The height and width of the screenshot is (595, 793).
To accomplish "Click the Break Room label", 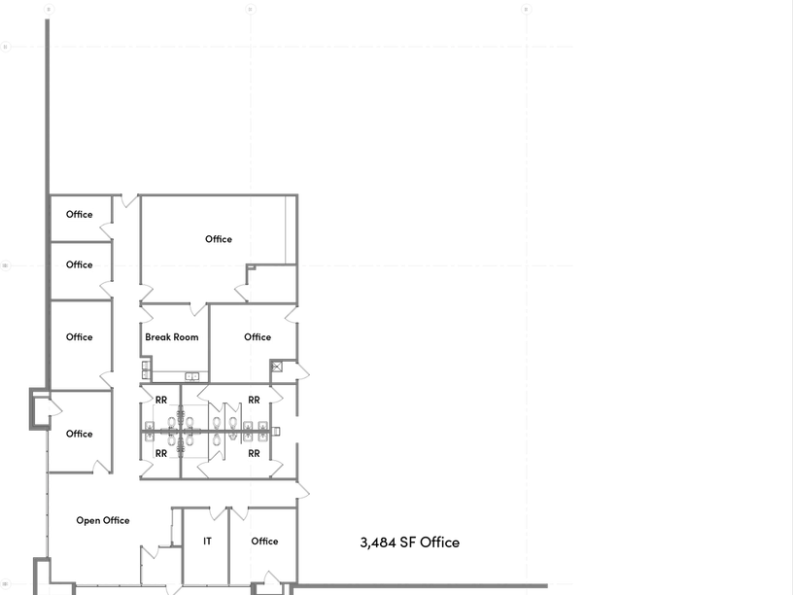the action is coord(172,338).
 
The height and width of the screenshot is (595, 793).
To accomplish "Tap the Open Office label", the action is coord(103,521).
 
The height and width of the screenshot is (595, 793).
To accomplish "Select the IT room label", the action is coord(207,542).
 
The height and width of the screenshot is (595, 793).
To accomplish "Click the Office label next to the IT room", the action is coord(264,542).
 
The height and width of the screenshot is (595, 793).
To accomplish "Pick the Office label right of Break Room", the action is coord(258,338).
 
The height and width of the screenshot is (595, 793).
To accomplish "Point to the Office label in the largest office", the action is coord(219,239).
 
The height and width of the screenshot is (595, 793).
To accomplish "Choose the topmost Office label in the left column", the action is coord(80,215).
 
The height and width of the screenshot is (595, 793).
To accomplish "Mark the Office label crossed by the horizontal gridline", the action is coord(80,264).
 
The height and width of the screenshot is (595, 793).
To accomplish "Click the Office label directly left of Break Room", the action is coord(80,338).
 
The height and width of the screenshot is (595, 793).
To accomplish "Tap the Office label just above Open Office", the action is coord(80,435).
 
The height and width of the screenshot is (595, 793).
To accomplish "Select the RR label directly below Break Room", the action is coord(161,401).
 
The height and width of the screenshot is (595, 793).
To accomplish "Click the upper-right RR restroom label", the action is coord(255,401).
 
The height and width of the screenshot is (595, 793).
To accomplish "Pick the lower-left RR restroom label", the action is coord(161,453).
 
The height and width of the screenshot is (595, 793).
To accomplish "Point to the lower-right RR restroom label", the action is coord(255,453).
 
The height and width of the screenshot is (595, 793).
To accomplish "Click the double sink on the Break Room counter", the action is coord(192,376).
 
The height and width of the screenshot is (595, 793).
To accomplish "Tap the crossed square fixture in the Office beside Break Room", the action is coord(277,367).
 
